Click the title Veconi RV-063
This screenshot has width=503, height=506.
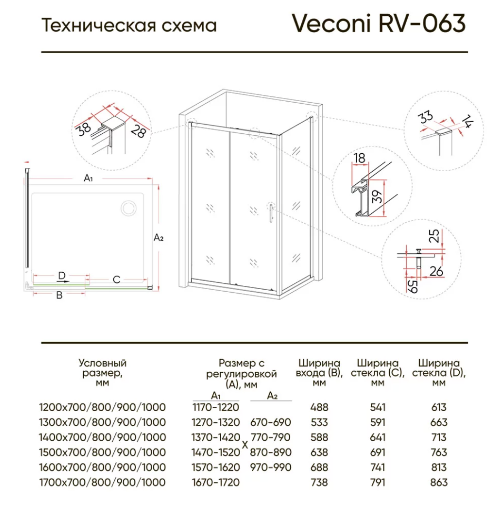pyautogui.click(x=379, y=24)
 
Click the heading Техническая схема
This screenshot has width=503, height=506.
pyautogui.click(x=129, y=25)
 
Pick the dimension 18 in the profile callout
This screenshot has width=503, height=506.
pyautogui.click(x=360, y=158)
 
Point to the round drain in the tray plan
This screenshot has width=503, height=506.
pyautogui.click(x=128, y=208)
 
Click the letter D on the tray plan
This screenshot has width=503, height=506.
pyautogui.click(x=62, y=275)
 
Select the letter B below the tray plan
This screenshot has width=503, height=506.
pyautogui.click(x=60, y=295)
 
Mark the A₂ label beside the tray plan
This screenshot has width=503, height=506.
pyautogui.click(x=159, y=238)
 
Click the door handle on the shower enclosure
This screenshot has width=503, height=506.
pyautogui.click(x=270, y=214)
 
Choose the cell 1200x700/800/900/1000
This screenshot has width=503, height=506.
pyautogui.click(x=102, y=407)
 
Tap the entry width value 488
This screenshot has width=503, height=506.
pyautogui.click(x=319, y=407)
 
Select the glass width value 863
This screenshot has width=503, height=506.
pyautogui.click(x=439, y=482)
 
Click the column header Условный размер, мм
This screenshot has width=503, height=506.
pyautogui.click(x=102, y=373)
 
